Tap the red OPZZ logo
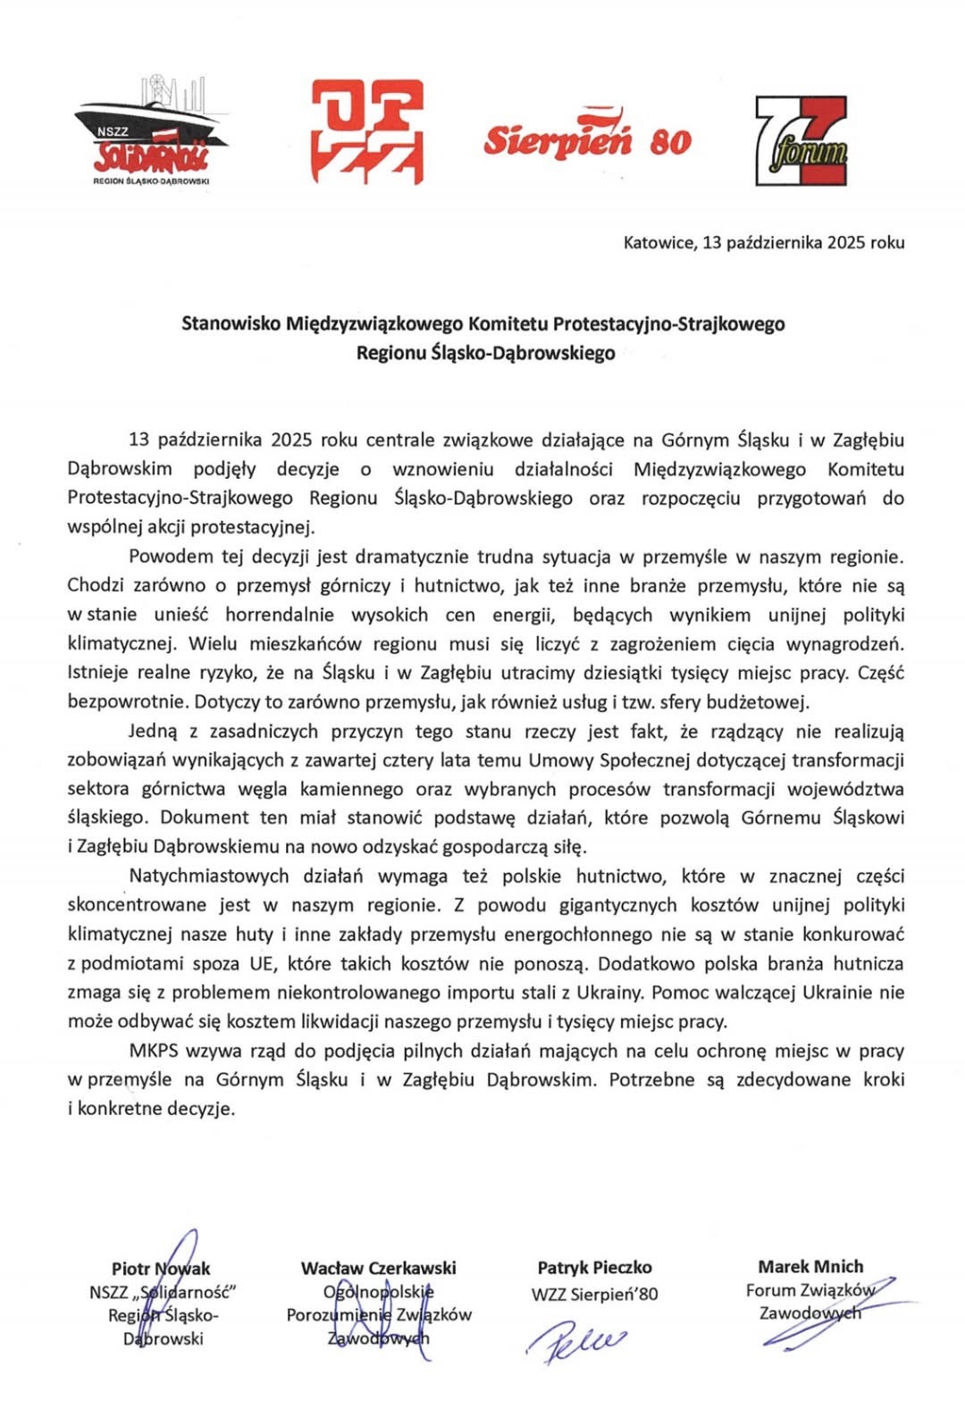click(x=367, y=131)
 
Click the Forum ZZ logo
click(x=801, y=141)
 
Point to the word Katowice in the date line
click(x=658, y=242)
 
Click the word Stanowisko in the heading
click(x=231, y=323)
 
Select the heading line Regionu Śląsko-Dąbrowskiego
click(x=485, y=353)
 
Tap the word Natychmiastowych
click(x=208, y=876)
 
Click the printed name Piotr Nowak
click(x=161, y=1269)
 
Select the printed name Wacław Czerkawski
click(x=378, y=1268)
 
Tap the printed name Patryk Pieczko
click(x=594, y=1268)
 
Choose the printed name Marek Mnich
click(x=810, y=1266)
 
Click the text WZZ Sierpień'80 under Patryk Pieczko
click(x=594, y=1294)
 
